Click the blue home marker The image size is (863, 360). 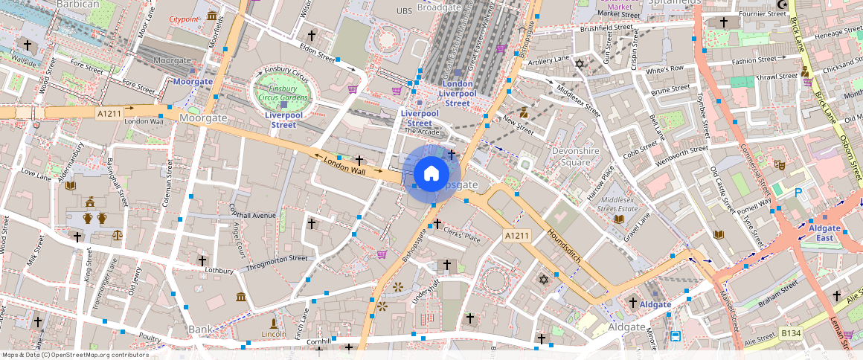[431, 174]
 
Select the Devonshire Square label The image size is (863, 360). [574, 156]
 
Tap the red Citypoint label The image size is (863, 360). [184, 19]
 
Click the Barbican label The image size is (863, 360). [77, 4]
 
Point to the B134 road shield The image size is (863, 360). [791, 336]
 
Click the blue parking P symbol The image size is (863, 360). [799, 193]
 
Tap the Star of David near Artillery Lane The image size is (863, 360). [580, 65]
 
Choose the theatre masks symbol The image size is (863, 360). [780, 164]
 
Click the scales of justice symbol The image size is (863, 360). [118, 234]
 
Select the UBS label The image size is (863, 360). [404, 11]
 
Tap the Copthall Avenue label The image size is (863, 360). [253, 216]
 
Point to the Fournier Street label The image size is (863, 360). [762, 13]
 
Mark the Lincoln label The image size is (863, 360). [275, 335]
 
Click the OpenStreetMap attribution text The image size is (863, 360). [74, 355]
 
